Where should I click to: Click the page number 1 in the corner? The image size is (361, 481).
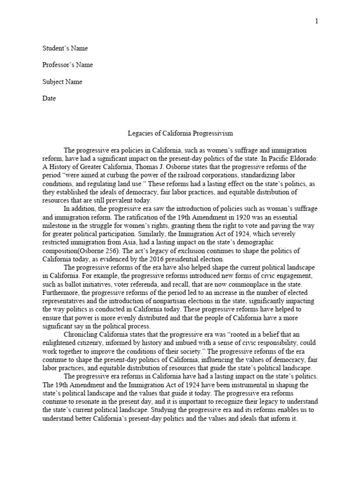coord(317,21)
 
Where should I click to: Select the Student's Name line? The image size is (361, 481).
coord(65,48)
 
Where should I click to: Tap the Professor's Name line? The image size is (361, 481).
coord(68,65)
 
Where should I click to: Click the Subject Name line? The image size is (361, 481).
coord(63,82)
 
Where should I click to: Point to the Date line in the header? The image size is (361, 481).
coord(49,98)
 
